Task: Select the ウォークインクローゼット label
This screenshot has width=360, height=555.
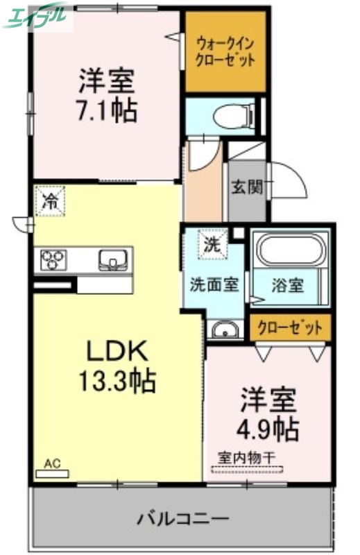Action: (x=225, y=53)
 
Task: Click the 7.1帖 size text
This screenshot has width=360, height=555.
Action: (x=106, y=110)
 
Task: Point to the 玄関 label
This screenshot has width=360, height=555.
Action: (x=247, y=187)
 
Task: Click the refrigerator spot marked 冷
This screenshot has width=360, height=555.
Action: (x=50, y=201)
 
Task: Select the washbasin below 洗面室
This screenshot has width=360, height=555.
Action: (x=223, y=329)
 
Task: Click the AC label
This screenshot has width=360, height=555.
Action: (x=53, y=463)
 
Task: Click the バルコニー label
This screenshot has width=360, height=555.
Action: (x=182, y=518)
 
